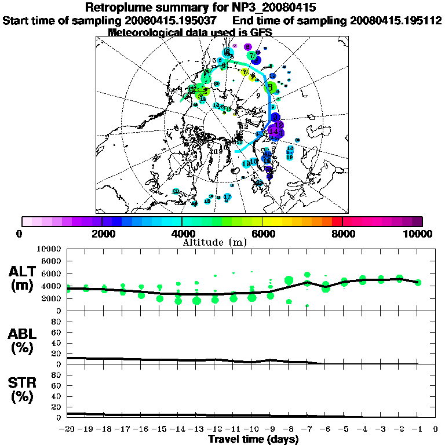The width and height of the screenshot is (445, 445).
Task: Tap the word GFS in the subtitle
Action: point(261,32)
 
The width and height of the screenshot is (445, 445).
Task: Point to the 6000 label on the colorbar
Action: point(263,234)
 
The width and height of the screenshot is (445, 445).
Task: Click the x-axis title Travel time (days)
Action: point(253,439)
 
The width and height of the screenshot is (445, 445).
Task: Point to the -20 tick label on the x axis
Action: point(68,429)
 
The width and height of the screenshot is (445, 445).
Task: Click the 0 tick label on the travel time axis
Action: point(436,429)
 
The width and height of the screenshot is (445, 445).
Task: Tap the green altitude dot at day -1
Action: point(418,283)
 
